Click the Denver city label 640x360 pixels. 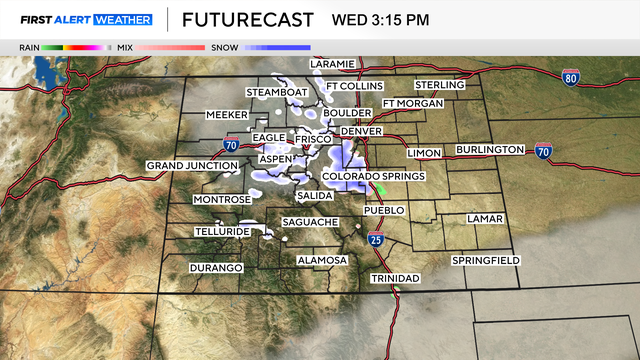pyautogui.click(x=362, y=131)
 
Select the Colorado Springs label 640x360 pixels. pyautogui.click(x=373, y=176)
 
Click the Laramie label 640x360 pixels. pyautogui.click(x=332, y=64)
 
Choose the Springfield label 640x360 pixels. pyautogui.click(x=485, y=260)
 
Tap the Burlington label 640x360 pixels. pyautogui.click(x=490, y=149)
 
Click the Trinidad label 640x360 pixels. pyautogui.click(x=394, y=277)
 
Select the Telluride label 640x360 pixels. pyautogui.click(x=222, y=231)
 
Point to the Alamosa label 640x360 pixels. pyautogui.click(x=322, y=260)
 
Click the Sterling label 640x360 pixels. pyautogui.click(x=440, y=85)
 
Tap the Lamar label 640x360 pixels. pyautogui.click(x=486, y=218)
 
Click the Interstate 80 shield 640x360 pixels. pyautogui.click(x=569, y=78)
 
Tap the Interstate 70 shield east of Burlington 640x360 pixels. pyautogui.click(x=543, y=152)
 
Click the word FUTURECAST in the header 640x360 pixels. pyautogui.click(x=248, y=20)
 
